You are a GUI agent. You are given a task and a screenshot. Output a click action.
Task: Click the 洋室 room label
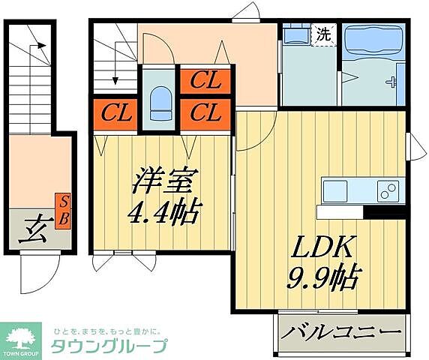pyautogui.click(x=166, y=182)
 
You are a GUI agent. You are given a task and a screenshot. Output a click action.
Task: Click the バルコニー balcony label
pyautogui.click(x=342, y=331)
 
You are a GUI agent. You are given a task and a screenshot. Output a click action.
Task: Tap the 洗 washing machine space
pyautogui.click(x=323, y=34)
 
